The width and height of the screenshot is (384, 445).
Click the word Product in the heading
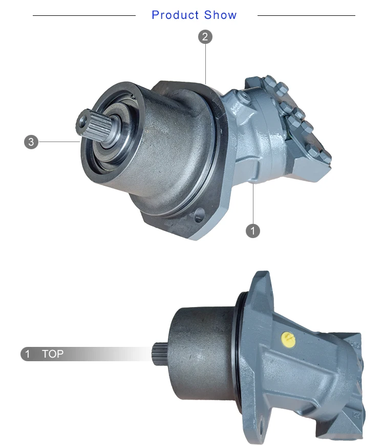tap(175, 15)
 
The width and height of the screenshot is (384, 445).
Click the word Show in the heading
tap(221, 15)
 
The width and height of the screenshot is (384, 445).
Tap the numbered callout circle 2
tap(205, 37)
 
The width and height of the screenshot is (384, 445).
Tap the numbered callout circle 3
tap(31, 142)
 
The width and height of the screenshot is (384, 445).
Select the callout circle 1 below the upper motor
tap(253, 230)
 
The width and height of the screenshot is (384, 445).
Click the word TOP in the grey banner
tap(53, 354)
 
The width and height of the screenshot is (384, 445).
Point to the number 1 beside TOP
tap(28, 354)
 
